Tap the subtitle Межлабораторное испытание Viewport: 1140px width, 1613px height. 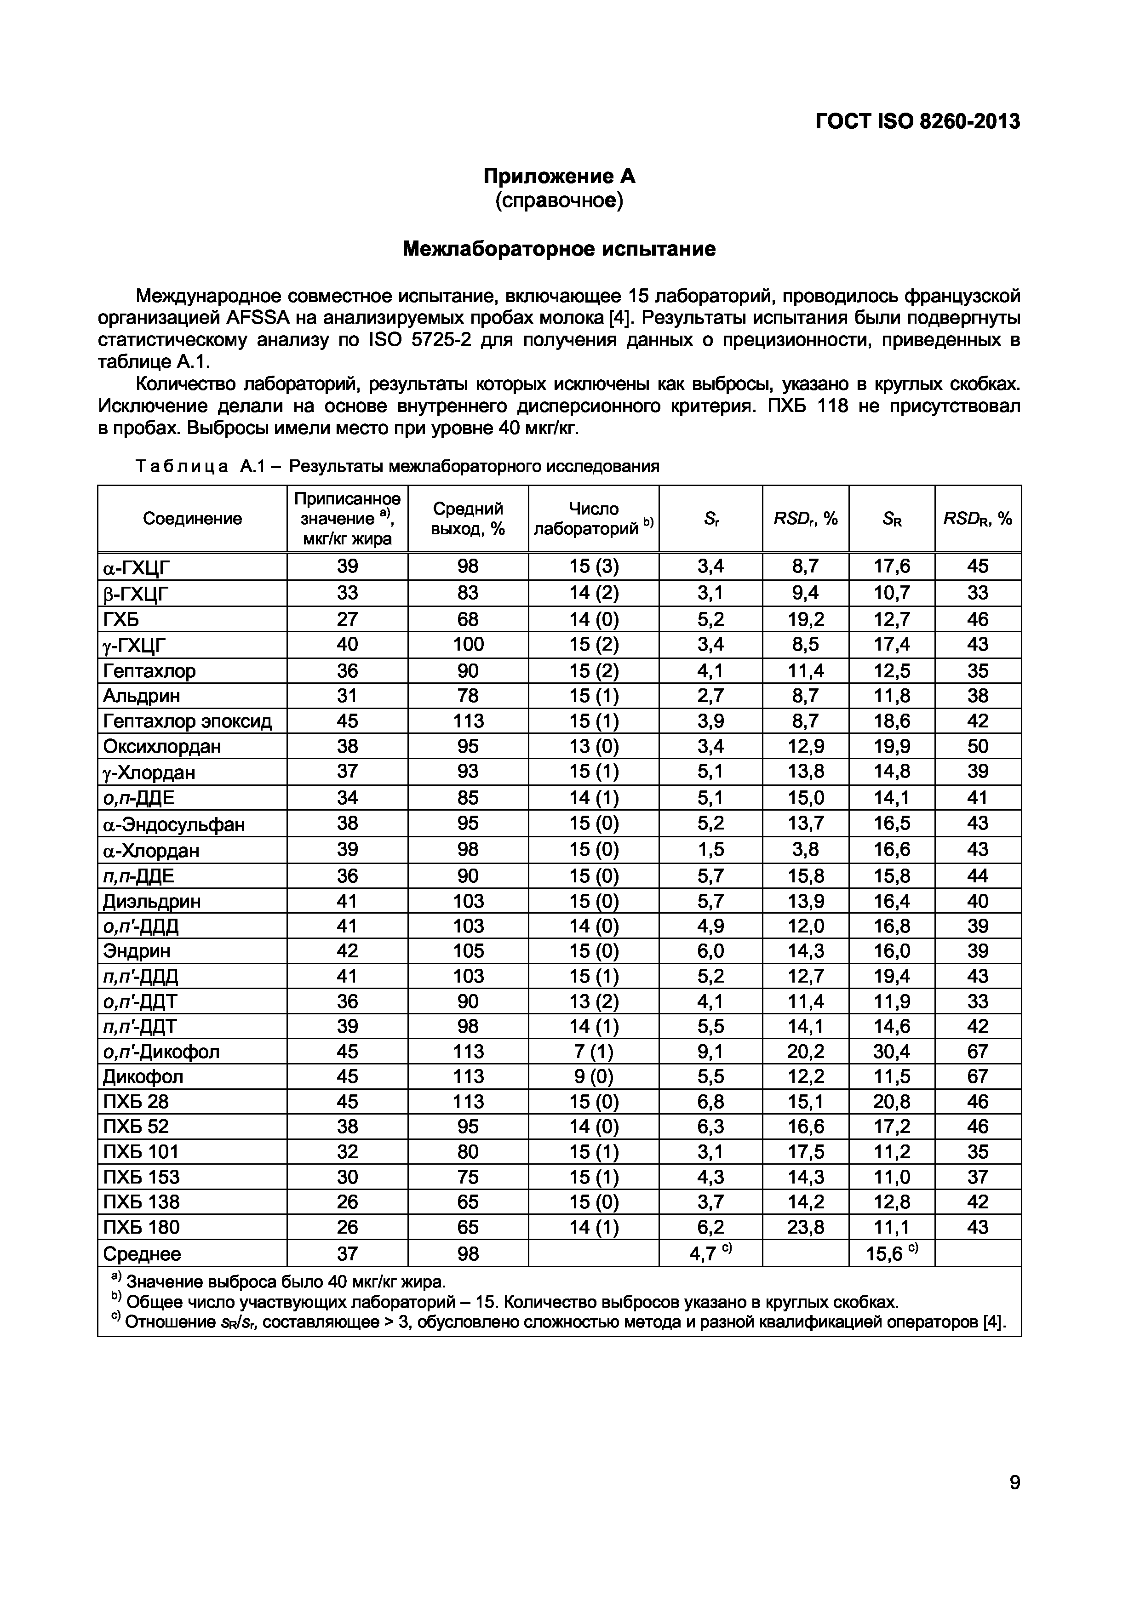(559, 249)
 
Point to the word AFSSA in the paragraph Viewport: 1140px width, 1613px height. (258, 318)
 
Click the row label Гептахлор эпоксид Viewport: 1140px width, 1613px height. (187, 721)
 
